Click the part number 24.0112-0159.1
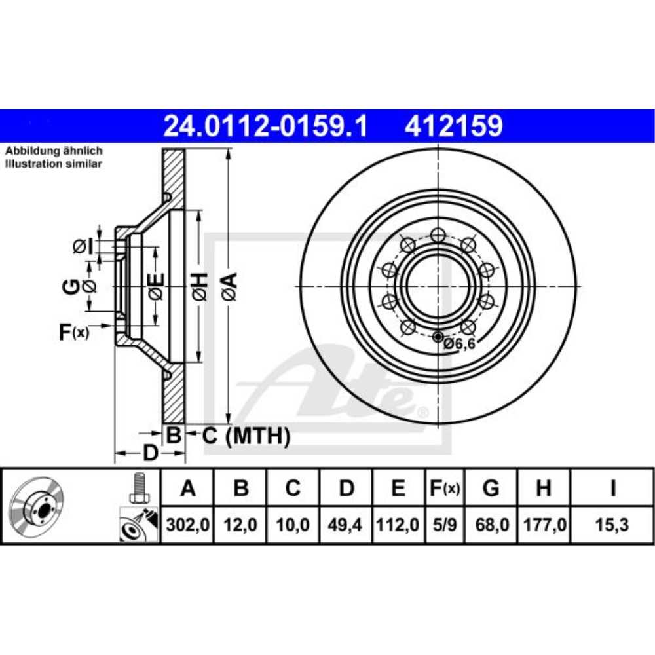(265, 125)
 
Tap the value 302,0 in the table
(187, 525)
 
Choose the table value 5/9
(444, 525)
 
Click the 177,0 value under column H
(543, 525)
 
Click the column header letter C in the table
(293, 488)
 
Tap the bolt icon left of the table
(138, 488)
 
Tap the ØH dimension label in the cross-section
(200, 287)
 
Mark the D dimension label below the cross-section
(150, 453)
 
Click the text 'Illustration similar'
(54, 164)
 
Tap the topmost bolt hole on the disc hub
(438, 234)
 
